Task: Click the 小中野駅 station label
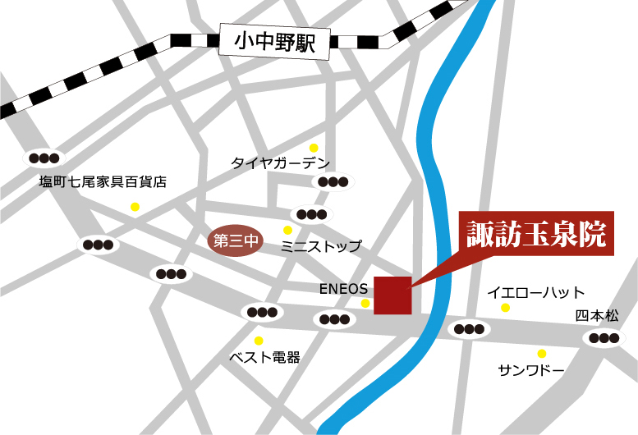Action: click(274, 42)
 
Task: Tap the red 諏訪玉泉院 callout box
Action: click(535, 236)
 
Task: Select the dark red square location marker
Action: click(392, 295)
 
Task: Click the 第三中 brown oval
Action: click(236, 241)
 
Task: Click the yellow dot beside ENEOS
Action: click(365, 304)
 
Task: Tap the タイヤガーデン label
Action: click(280, 163)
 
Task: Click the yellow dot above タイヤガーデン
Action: click(313, 148)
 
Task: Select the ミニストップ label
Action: click(320, 246)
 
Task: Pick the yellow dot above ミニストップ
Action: click(287, 231)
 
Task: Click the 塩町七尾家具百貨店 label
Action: click(103, 182)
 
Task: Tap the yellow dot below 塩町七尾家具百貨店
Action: click(135, 207)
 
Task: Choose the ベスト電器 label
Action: click(264, 358)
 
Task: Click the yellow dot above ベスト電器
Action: click(259, 341)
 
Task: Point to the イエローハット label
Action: click(535, 292)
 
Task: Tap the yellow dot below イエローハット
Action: click(505, 308)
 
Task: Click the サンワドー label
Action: click(531, 370)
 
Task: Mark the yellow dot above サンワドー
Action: click(541, 354)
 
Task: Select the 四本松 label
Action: click(597, 315)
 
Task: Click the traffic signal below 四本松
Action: click(604, 337)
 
